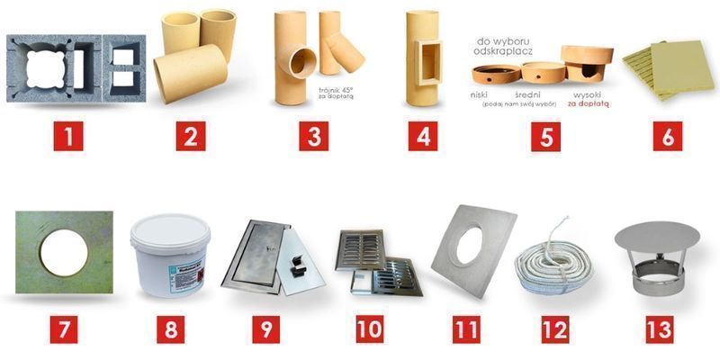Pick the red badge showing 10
point(368,327)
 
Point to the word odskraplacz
point(508,50)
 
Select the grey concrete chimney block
point(76,67)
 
